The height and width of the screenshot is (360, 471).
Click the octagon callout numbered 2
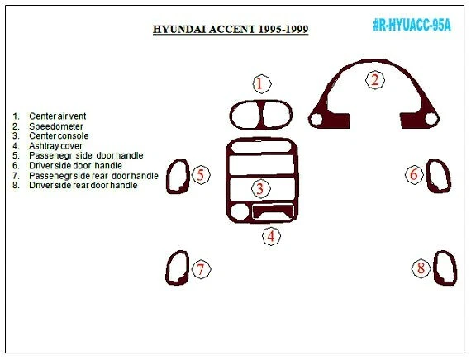tap(374, 80)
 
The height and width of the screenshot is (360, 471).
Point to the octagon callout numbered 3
tap(259, 190)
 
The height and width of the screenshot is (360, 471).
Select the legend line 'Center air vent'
tap(57, 116)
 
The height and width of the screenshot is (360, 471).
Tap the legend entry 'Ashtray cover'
tap(55, 146)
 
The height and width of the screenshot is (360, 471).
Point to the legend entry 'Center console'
tap(58, 136)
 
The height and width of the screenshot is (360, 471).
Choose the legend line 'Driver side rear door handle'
tap(83, 186)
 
